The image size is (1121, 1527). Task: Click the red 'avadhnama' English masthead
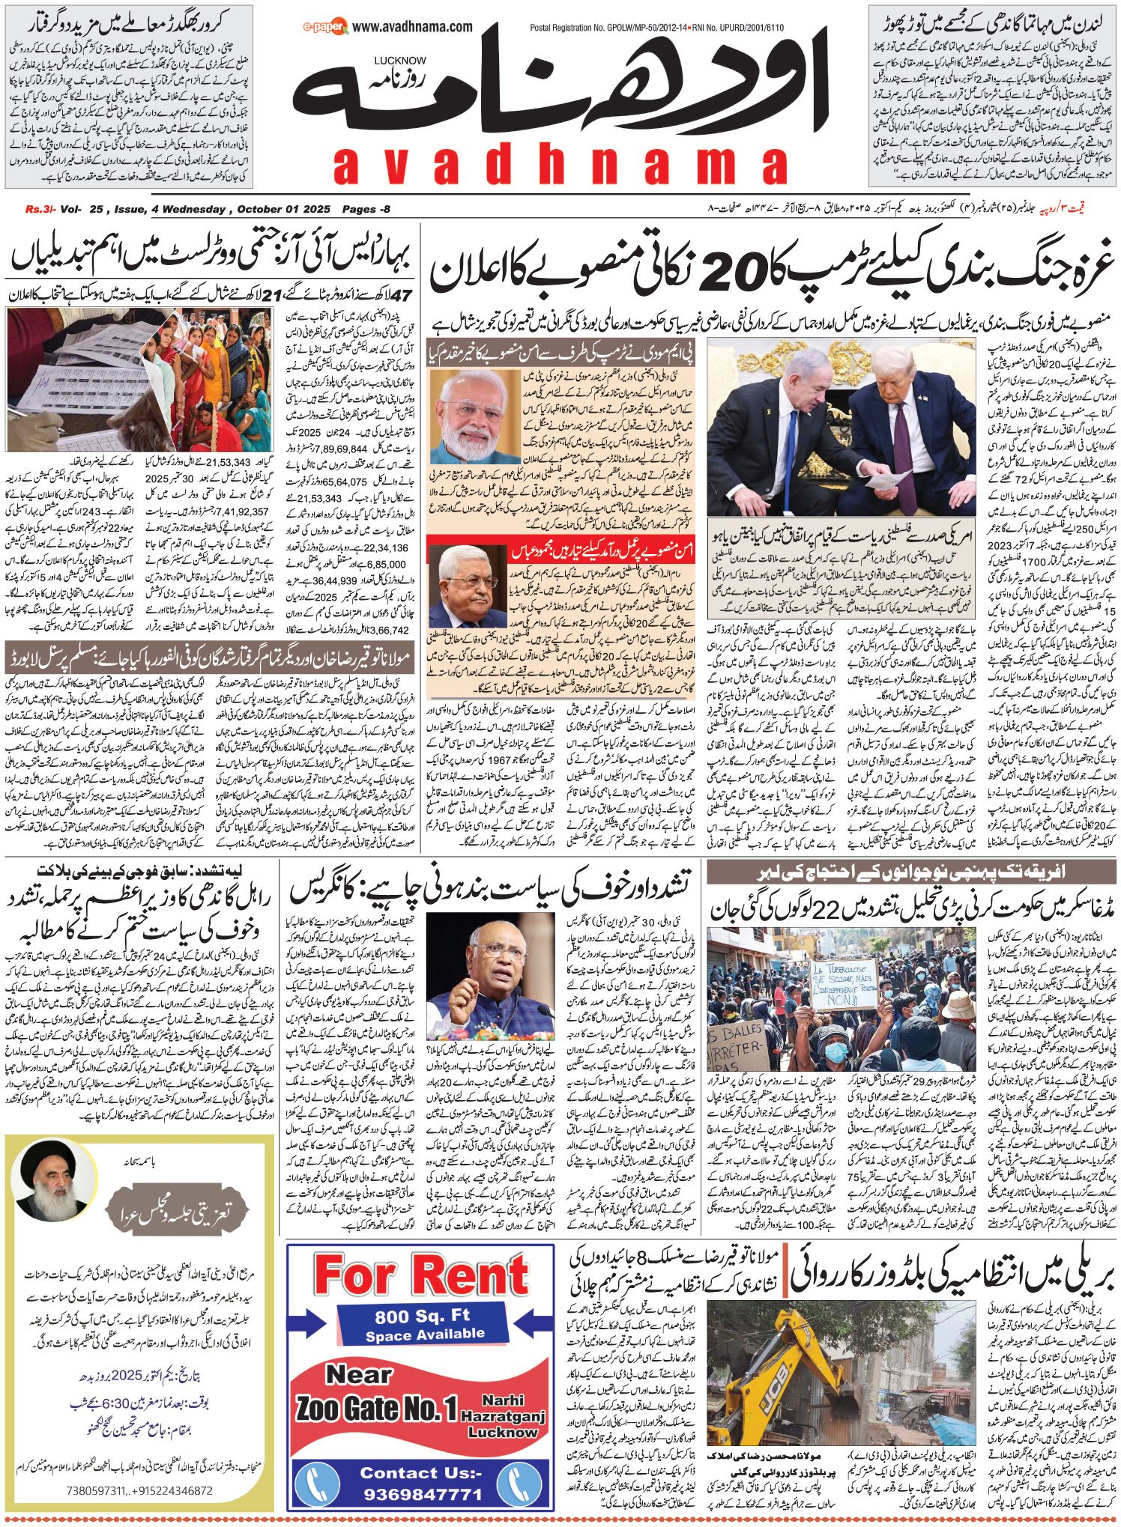click(559, 166)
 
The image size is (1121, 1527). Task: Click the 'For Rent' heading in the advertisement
click(421, 1274)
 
